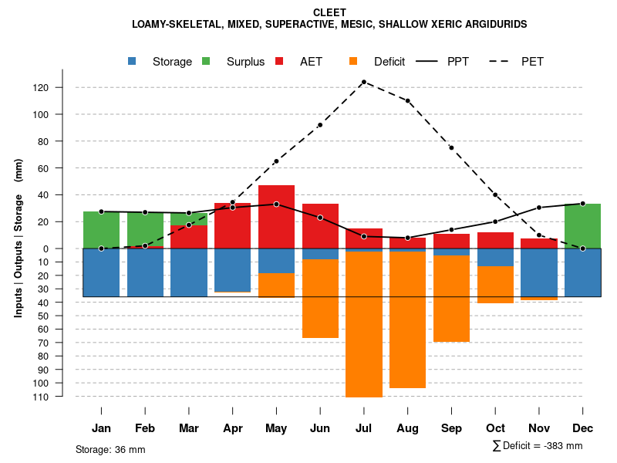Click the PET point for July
(363, 82)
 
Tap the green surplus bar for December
(582, 225)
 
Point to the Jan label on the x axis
(101, 428)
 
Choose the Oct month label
(495, 428)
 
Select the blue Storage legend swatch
(133, 62)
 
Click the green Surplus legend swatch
(206, 62)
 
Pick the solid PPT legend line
(428, 62)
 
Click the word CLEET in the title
(329, 12)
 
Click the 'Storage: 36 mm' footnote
(110, 449)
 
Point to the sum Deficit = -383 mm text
(537, 446)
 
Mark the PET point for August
(407, 100)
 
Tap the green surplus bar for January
(101, 229)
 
